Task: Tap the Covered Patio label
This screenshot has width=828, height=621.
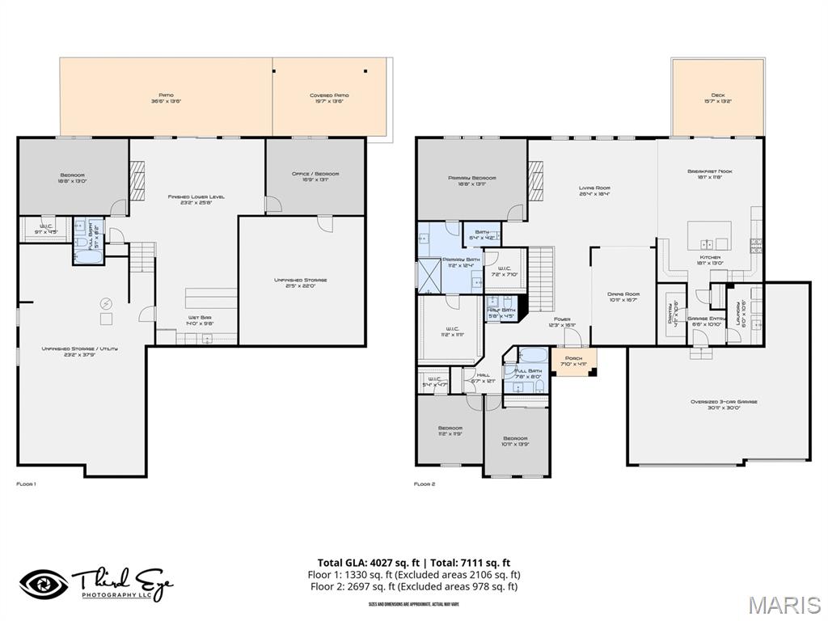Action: point(329,95)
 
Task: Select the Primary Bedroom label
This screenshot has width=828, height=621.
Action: point(471,178)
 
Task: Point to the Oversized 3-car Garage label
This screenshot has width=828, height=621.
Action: point(717,402)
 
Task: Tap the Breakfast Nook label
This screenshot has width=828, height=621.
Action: point(708,171)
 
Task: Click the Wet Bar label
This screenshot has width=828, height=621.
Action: point(200,318)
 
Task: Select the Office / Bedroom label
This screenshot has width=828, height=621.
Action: point(315,174)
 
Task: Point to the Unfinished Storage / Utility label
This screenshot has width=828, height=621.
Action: point(80,349)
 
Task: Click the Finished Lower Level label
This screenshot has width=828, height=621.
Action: point(196,196)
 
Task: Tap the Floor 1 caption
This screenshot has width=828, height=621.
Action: point(26,484)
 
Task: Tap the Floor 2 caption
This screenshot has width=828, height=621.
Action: point(425,484)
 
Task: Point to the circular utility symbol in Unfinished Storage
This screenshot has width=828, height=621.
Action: point(106,303)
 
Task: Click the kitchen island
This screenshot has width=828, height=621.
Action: point(709,236)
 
